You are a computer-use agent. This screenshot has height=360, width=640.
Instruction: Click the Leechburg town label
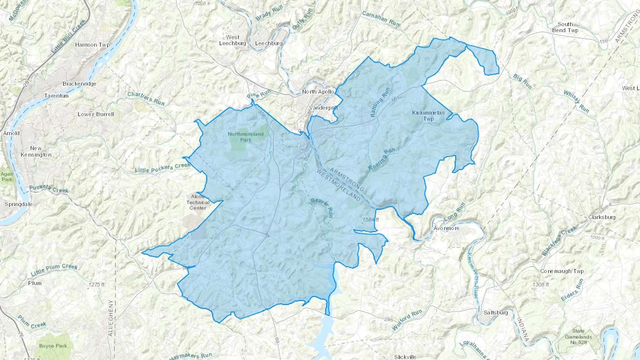pyautogui.click(x=269, y=43)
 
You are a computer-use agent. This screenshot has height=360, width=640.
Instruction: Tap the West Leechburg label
pyautogui.click(x=233, y=40)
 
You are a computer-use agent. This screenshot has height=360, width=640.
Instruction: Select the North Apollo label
pyautogui.click(x=318, y=92)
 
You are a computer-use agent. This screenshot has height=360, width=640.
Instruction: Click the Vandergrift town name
pyautogui.click(x=323, y=108)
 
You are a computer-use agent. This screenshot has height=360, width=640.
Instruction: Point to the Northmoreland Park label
pyautogui.click(x=246, y=137)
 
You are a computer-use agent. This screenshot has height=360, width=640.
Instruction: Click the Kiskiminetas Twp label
pyautogui.click(x=428, y=115)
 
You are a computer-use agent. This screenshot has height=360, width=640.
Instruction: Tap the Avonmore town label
pyautogui.click(x=446, y=228)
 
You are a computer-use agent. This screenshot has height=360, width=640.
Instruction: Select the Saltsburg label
pyautogui.click(x=496, y=313)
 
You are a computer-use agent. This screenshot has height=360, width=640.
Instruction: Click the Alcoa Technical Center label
pyautogui.click(x=198, y=202)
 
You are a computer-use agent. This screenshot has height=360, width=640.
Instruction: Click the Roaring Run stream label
pyautogui.click(x=382, y=159)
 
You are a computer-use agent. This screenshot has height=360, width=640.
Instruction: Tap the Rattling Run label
pyautogui.click(x=380, y=102)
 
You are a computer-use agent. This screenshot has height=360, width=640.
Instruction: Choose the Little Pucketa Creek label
pyautogui.click(x=162, y=168)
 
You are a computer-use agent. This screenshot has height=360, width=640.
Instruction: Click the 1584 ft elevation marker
pyautogui.click(x=370, y=220)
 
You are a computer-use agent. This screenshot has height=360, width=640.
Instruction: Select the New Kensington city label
pyautogui.click(x=36, y=151)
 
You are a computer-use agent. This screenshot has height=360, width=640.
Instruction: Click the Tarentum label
pyautogui.click(x=56, y=96)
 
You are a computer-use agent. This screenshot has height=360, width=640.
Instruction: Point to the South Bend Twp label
pyautogui.click(x=565, y=27)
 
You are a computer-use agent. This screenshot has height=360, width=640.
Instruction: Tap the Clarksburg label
pyautogui.click(x=602, y=217)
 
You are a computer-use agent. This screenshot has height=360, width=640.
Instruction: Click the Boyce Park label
pyautogui.click(x=53, y=346)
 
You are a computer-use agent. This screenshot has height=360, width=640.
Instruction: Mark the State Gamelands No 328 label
pyautogui.click(x=578, y=337)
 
